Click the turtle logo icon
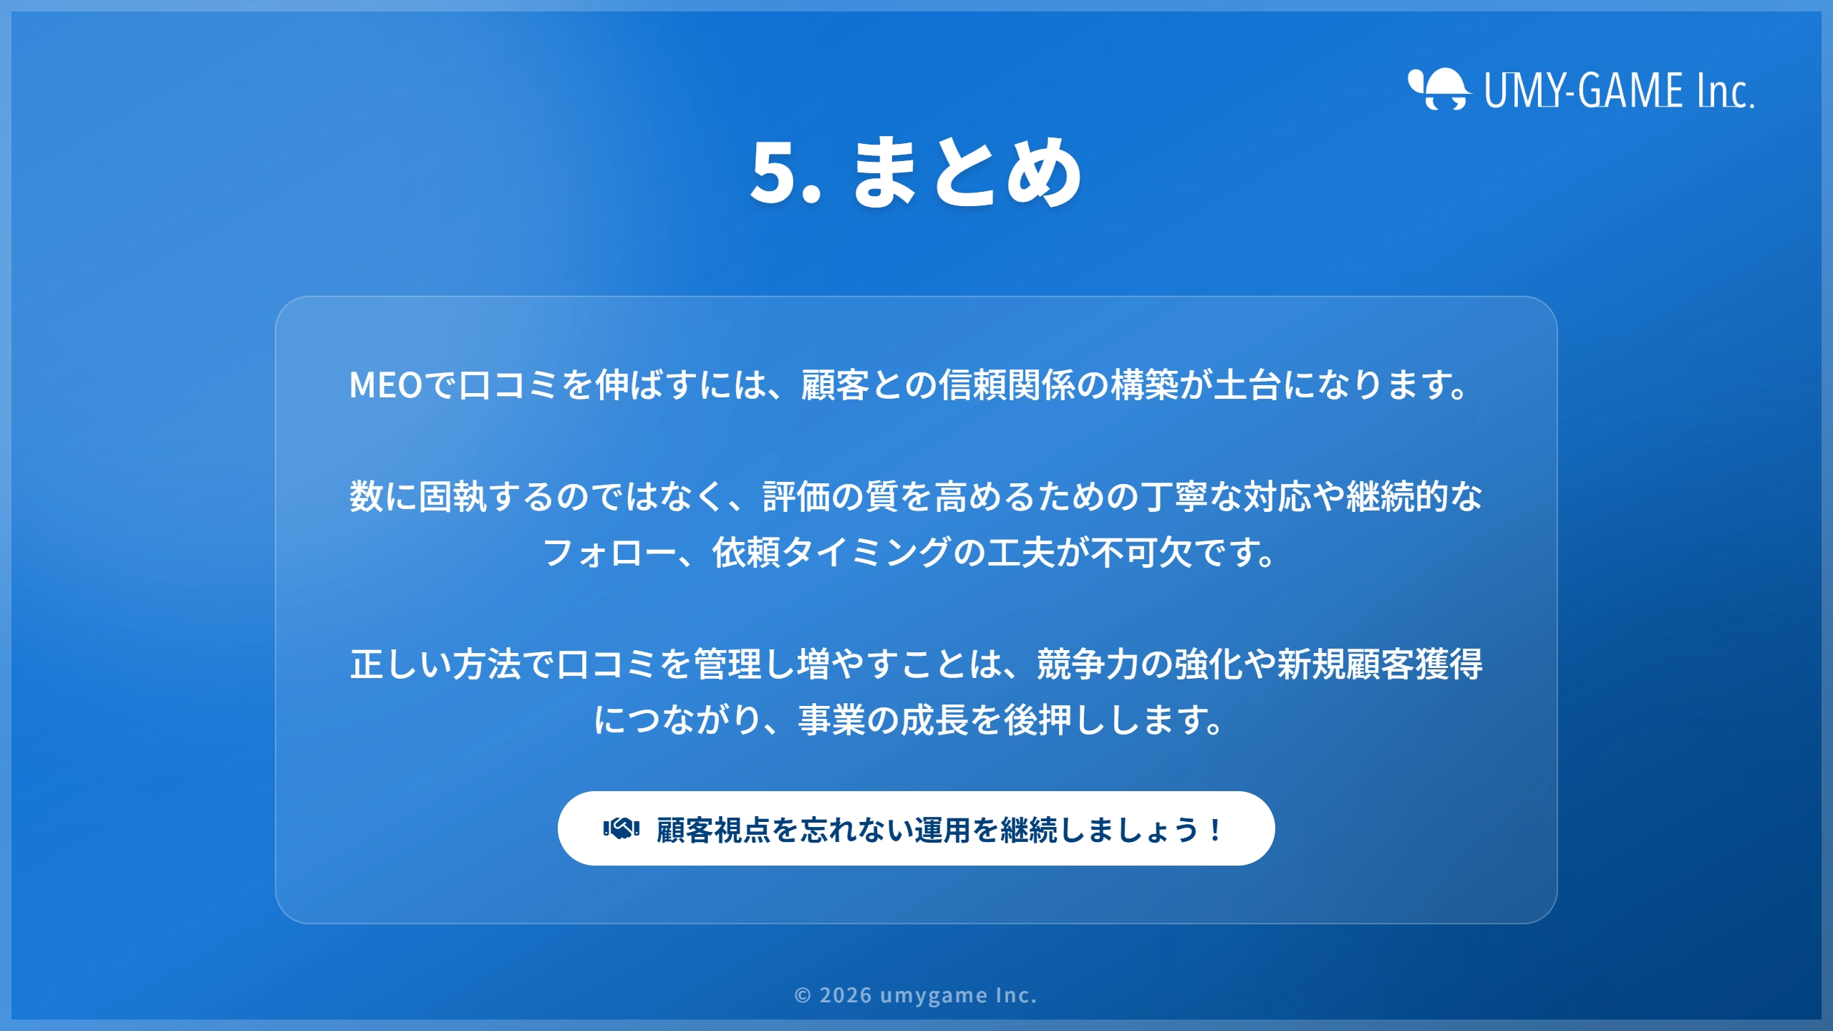tap(1438, 89)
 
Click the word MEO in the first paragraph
tap(386, 385)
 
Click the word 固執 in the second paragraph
tap(453, 497)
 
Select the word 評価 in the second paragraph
tap(796, 497)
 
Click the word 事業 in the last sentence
tap(832, 720)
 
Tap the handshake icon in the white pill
tap(621, 829)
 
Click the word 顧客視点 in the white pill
tap(713, 830)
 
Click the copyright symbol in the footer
tap(803, 996)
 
